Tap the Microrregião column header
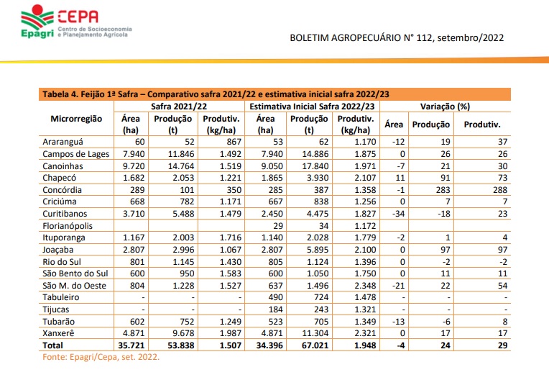pyautogui.click(x=77, y=119)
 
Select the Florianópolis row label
pyautogui.click(x=68, y=226)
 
